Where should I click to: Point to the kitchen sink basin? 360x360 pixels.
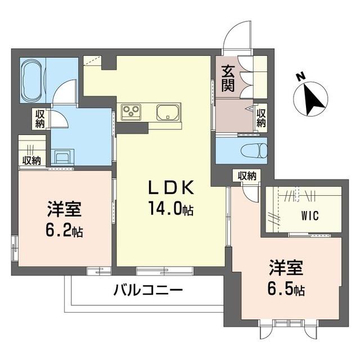[168, 112]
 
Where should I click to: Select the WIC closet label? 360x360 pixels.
[304, 215]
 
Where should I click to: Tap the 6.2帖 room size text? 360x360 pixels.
[64, 231]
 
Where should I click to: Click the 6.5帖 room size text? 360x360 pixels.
[286, 290]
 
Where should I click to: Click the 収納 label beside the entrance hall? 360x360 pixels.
[262, 118]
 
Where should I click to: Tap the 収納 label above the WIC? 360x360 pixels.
[246, 175]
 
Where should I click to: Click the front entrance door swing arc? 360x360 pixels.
[236, 35]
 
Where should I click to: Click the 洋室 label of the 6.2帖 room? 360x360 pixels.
[64, 210]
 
